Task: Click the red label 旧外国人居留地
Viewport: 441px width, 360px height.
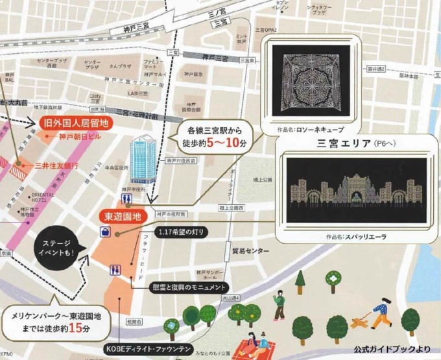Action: (76, 123)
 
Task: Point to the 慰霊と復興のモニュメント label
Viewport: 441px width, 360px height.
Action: (188, 287)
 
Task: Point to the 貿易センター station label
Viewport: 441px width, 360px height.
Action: (250, 250)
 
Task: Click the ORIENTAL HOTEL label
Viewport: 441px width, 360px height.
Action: (24, 198)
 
